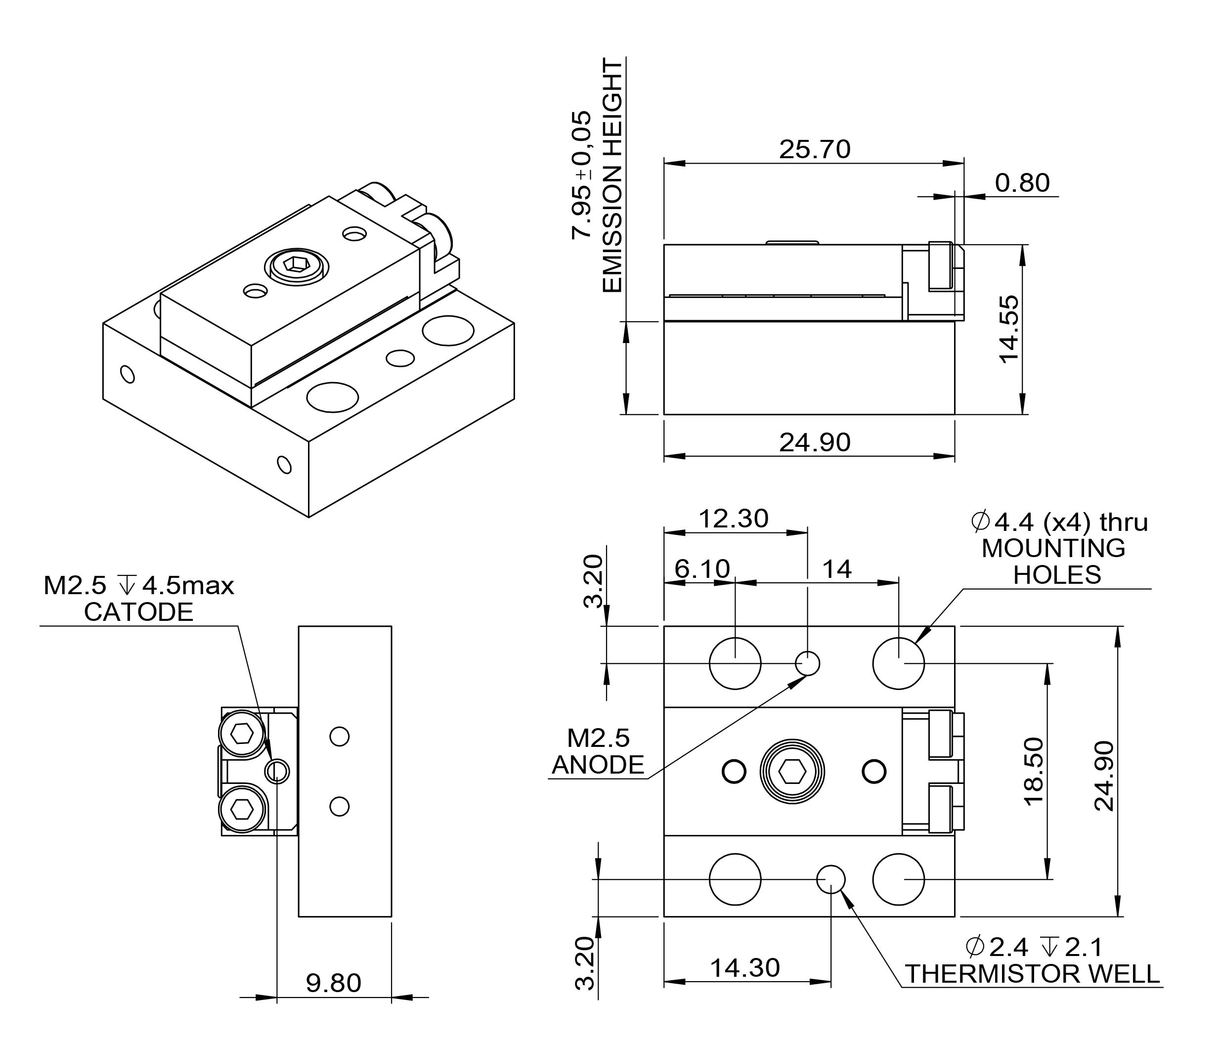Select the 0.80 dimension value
[x=1022, y=183]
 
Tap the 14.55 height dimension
[x=1009, y=329]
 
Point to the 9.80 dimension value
[x=333, y=983]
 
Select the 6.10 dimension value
[x=701, y=569]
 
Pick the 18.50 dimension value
[x=1033, y=771]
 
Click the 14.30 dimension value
[x=745, y=968]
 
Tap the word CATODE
[x=138, y=612]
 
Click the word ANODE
[x=598, y=765]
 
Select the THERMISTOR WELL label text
[x=1032, y=974]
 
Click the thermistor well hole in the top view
[x=830, y=879]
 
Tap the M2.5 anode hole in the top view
[x=807, y=663]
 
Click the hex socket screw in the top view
[x=792, y=771]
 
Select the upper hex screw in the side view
[x=241, y=734]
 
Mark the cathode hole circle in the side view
[x=277, y=771]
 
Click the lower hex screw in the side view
[x=241, y=810]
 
